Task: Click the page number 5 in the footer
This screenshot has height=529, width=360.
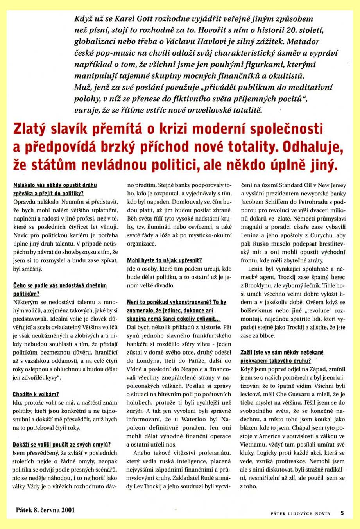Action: point(342,513)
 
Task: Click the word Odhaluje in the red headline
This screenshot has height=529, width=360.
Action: point(313,147)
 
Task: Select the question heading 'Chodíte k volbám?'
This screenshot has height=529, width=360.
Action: point(36,394)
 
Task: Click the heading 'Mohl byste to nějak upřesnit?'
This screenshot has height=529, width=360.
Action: point(165,260)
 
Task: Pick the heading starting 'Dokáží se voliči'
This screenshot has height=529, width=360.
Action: point(62,444)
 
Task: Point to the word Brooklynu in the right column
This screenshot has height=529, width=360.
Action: point(260,285)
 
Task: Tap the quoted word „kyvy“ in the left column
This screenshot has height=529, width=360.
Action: point(52,378)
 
